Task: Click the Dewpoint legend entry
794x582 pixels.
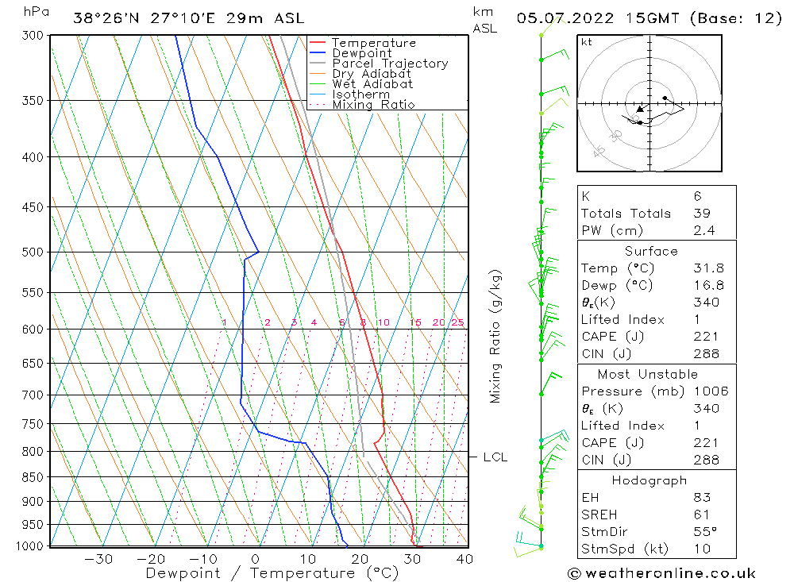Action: pyautogui.click(x=361, y=53)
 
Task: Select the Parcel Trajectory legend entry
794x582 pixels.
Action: pyautogui.click(x=389, y=64)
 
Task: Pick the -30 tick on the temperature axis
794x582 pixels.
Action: pyautogui.click(x=98, y=559)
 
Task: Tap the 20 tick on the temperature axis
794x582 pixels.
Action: pyautogui.click(x=359, y=559)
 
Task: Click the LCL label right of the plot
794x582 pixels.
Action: pyautogui.click(x=495, y=457)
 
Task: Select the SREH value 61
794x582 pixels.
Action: pyautogui.click(x=700, y=515)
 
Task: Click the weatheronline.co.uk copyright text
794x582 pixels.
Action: pyautogui.click(x=661, y=573)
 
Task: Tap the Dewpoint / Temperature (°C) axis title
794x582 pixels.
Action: pyautogui.click(x=272, y=572)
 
